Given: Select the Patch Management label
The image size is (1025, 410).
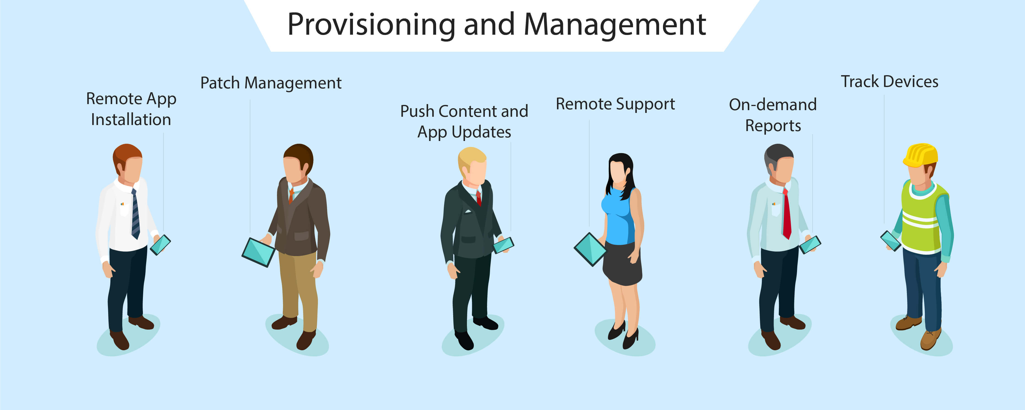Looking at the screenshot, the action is point(271,83).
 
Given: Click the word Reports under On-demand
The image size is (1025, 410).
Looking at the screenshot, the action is point(773,126).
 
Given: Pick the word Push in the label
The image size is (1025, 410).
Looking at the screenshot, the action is point(417,111).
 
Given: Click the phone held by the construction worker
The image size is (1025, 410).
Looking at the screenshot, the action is point(891,241).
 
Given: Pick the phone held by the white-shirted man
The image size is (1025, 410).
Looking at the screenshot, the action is point(160,245).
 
